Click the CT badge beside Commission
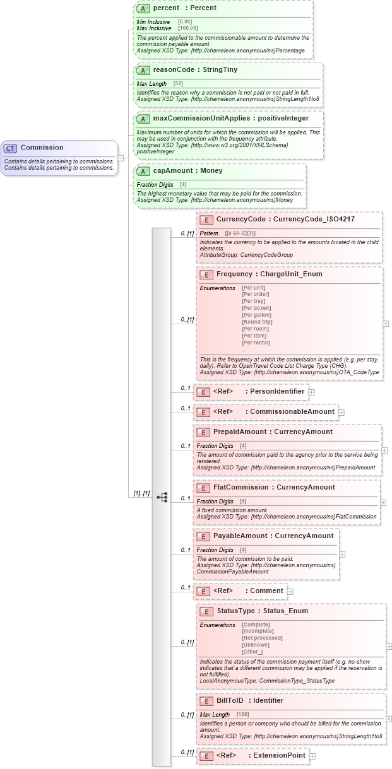[x=10, y=148]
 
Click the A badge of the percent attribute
[x=144, y=8]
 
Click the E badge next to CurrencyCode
[x=206, y=220]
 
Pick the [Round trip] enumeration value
[x=257, y=322]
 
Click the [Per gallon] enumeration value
[x=256, y=315]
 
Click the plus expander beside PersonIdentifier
[x=312, y=392]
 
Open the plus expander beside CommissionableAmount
[x=342, y=412]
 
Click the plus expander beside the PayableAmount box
[x=342, y=555]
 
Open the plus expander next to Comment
[x=290, y=591]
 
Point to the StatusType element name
[x=235, y=611]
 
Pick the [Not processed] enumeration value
[x=262, y=638]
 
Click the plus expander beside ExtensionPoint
[x=312, y=756]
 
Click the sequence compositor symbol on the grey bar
[x=162, y=497]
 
